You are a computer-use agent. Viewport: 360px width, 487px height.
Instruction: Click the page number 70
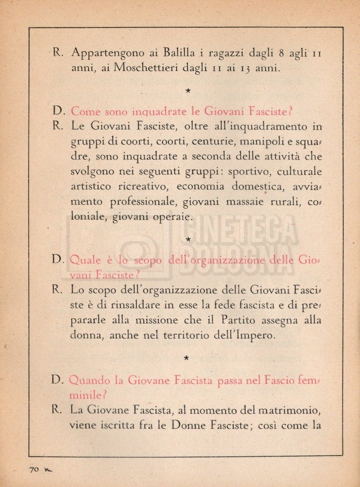[34, 469]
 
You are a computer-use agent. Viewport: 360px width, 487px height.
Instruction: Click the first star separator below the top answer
[188, 90]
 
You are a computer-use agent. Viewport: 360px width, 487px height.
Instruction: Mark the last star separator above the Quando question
[187, 357]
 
